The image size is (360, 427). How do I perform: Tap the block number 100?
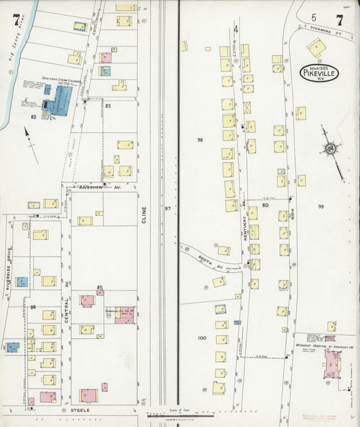coord(201,337)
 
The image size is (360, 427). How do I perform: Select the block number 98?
coord(200,140)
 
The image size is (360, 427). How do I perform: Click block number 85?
coord(100,288)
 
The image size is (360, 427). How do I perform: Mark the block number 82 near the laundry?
coord(33,117)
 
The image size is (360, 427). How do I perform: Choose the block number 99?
coord(321,206)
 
